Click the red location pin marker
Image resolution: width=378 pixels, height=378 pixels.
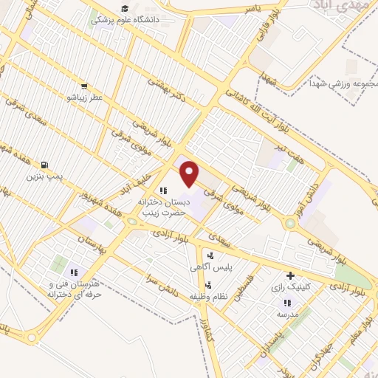point(190,173)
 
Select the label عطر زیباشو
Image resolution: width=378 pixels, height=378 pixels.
point(84,97)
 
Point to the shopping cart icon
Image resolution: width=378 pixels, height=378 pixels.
point(84,86)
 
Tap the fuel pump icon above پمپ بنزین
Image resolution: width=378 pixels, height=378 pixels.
point(45,165)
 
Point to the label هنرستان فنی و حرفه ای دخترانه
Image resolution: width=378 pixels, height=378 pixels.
point(73,289)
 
